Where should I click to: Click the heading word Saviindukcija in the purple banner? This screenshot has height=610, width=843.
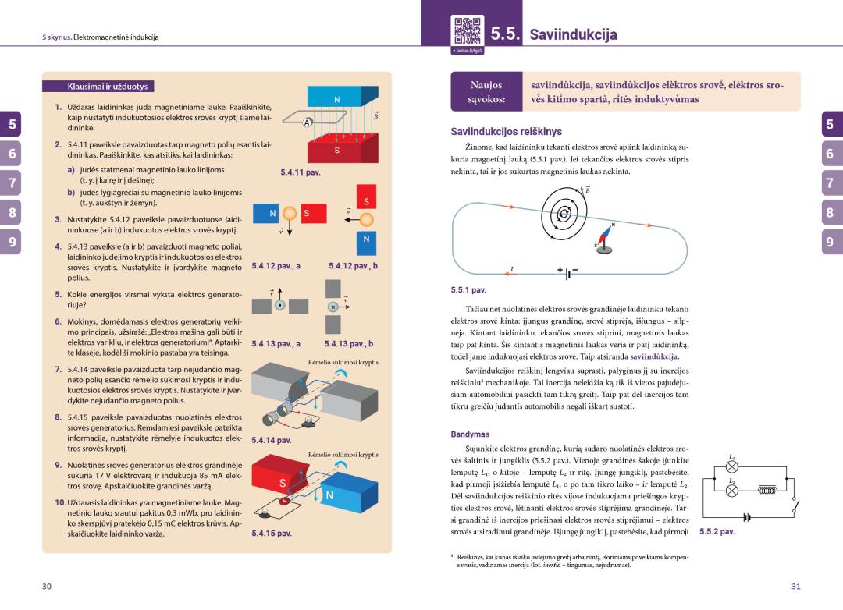(x=573, y=34)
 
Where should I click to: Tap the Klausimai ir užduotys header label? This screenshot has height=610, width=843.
(x=101, y=87)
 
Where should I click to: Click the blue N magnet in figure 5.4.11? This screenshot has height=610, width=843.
(x=336, y=96)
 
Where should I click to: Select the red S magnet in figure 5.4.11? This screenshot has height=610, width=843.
(x=336, y=149)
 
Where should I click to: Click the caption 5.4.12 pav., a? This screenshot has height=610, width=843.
(x=276, y=266)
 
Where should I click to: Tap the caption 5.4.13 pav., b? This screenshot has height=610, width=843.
(x=348, y=343)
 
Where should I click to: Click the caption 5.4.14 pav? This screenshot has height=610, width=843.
(x=272, y=440)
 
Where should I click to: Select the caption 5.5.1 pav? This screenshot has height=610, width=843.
(x=468, y=290)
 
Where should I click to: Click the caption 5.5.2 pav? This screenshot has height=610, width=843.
(x=717, y=532)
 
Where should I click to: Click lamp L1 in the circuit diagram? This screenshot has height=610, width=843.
(x=731, y=466)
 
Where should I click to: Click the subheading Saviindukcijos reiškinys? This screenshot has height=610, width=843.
(x=506, y=132)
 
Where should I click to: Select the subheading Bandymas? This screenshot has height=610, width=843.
(x=470, y=434)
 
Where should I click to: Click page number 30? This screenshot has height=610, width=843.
(x=47, y=586)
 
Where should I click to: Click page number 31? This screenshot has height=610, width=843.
(x=795, y=586)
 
